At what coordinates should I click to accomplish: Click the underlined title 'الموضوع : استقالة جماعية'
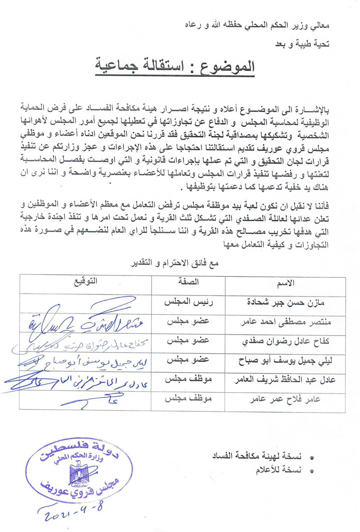click(x=175, y=66)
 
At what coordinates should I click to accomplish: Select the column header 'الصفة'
click(x=188, y=282)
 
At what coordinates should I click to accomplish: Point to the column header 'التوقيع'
click(x=86, y=281)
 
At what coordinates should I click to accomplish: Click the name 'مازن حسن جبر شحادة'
click(x=286, y=302)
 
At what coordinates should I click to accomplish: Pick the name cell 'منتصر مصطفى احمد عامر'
click(x=286, y=322)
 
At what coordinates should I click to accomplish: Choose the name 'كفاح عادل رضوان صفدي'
click(x=286, y=341)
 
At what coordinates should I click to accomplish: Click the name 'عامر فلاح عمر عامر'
click(x=285, y=400)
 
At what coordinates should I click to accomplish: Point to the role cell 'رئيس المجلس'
click(x=188, y=302)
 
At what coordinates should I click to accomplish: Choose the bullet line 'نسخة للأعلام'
click(x=278, y=470)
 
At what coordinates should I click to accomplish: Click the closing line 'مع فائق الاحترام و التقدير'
click(x=174, y=263)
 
